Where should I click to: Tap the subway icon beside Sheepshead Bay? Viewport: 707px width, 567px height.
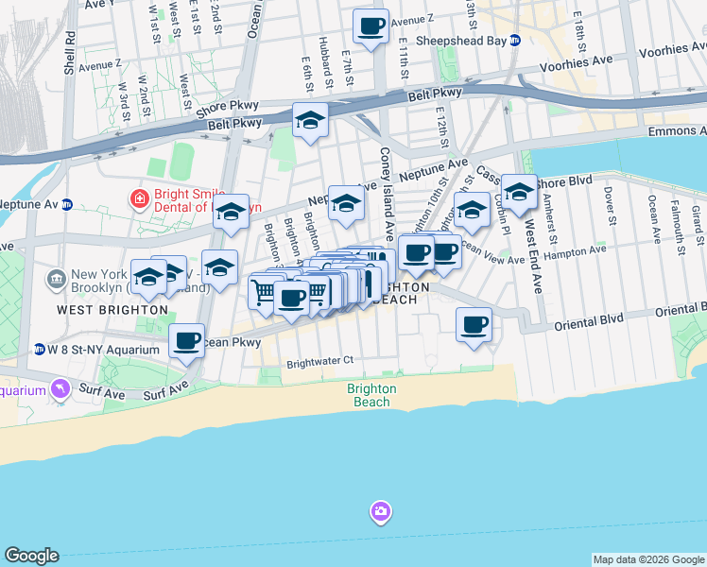point(515,41)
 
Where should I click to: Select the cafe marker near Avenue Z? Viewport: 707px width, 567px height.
point(371,26)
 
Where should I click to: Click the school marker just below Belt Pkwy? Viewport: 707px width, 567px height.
point(309,120)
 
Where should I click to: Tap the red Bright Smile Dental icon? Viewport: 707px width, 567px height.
point(138,198)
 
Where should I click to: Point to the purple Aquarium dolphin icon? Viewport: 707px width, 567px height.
point(61,389)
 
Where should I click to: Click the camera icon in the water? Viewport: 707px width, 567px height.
point(380,512)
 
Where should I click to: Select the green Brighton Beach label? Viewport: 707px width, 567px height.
point(371,395)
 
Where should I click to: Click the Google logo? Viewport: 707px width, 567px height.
point(31,556)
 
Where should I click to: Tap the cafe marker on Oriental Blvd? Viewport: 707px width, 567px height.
point(474,325)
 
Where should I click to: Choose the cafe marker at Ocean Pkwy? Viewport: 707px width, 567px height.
point(187,339)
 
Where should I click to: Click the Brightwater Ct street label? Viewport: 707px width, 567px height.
point(319,361)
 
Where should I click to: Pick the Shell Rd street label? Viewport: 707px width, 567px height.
point(69,52)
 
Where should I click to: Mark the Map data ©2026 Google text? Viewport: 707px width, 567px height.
point(648,559)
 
